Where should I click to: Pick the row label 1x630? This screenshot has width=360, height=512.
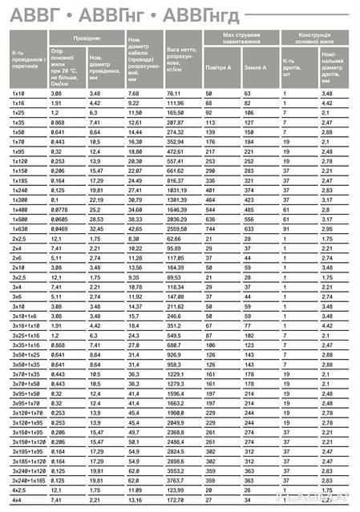pyautogui.click(x=19, y=228)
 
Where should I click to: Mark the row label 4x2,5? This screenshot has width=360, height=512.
pyautogui.click(x=18, y=489)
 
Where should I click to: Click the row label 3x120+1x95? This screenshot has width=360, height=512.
pyautogui.click(x=27, y=421)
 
